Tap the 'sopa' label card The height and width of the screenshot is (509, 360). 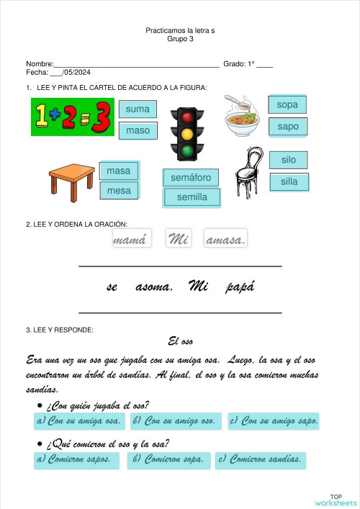coord(287,105)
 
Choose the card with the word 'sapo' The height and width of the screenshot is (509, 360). coord(287,127)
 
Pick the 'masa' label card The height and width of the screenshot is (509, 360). coord(119,171)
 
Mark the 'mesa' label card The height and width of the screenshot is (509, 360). coord(119,192)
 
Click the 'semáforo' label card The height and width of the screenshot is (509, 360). coord(191,177)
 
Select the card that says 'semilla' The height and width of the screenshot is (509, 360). coord(192,197)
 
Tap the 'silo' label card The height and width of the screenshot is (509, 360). coord(288,160)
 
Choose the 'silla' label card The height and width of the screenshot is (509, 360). coord(289,182)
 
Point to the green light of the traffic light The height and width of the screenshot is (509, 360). coord(187,150)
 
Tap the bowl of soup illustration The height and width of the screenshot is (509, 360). coord(243,117)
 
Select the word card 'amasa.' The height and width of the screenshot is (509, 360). coord(225,240)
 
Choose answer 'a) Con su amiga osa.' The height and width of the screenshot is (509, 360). coord(78,421)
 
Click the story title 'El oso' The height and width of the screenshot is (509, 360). coord(180,341)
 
